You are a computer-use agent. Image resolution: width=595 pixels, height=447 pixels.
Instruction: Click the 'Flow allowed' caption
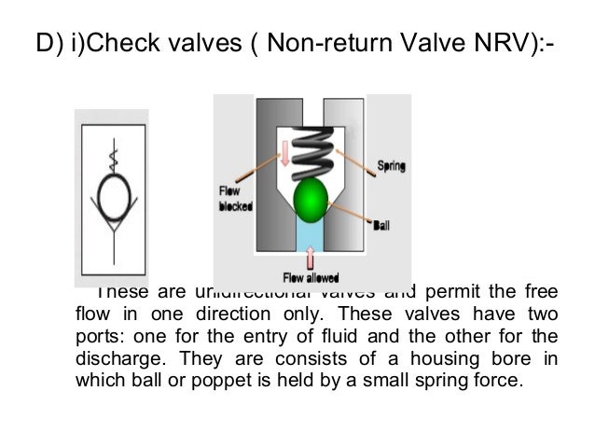(x=311, y=276)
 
